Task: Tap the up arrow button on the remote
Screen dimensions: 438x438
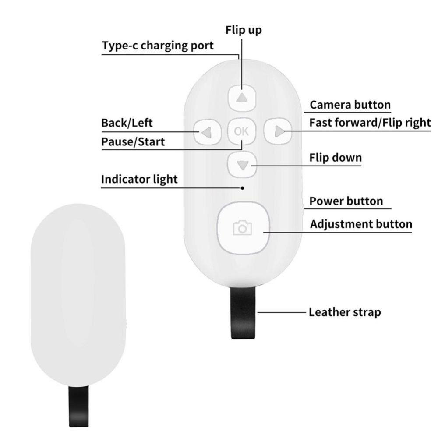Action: [242, 98]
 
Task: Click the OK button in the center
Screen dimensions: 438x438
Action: [242, 131]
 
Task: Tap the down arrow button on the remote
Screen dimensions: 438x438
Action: [242, 165]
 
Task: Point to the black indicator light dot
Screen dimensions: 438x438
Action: [243, 188]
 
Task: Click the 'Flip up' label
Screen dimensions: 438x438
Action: [244, 30]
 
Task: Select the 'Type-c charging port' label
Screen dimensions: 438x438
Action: [158, 46]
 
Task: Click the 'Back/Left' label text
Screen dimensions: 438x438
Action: [127, 123]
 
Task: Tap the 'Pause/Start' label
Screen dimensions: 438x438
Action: [133, 141]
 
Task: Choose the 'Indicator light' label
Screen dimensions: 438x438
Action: [139, 179]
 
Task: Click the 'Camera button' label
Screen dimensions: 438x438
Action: [350, 105]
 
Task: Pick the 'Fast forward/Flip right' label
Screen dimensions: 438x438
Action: [370, 123]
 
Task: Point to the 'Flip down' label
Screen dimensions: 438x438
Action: [336, 158]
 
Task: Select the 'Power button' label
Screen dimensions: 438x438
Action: [346, 201]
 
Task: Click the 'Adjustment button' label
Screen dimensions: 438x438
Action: [361, 224]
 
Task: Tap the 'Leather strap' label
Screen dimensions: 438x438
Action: [345, 312]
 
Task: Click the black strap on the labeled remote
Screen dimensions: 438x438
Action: [243, 313]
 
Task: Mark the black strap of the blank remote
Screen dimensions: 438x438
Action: [78, 406]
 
